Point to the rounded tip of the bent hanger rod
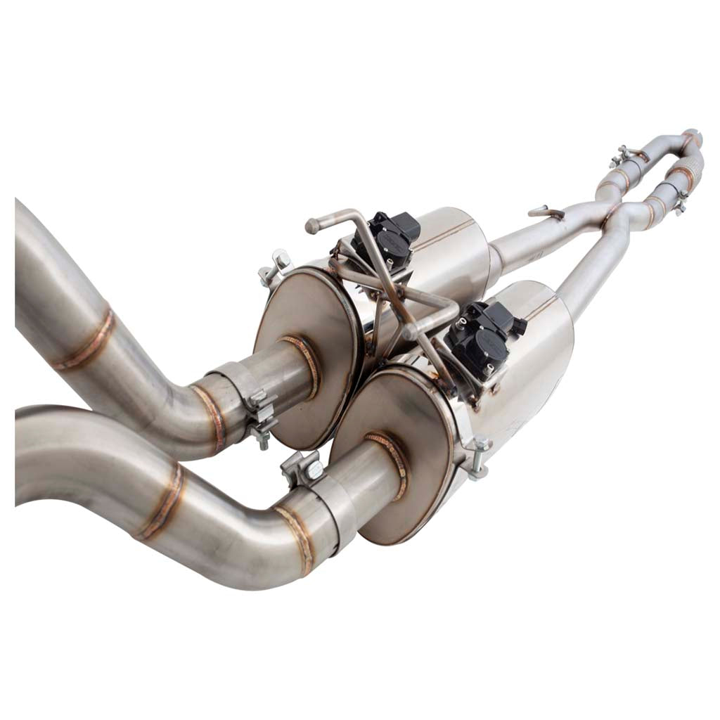(x=311, y=226)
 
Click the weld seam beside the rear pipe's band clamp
(x=210, y=418)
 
